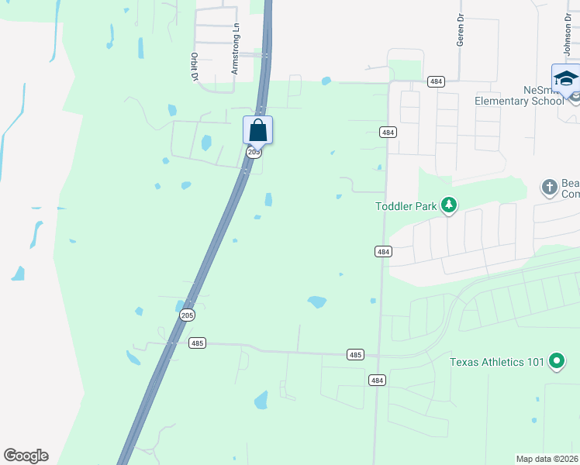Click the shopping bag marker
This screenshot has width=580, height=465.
pos(257,130)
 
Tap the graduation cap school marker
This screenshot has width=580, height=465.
pos(565,79)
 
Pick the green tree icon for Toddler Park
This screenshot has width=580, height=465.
pos(448,205)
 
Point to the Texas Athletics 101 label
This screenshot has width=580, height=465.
pos(497,361)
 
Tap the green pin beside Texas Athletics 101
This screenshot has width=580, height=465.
pos(556,360)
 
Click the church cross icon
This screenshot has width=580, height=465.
pos(549,187)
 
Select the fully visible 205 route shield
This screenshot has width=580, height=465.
pos(187,315)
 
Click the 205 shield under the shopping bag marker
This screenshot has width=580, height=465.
pos(254,153)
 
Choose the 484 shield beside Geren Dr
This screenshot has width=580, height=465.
pos(436,81)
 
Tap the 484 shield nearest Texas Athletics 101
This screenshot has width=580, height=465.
pos(377,380)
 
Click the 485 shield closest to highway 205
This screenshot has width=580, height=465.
pos(197,342)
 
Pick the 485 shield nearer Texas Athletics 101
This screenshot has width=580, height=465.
pos(355,354)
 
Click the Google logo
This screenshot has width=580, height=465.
pos(26,456)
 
